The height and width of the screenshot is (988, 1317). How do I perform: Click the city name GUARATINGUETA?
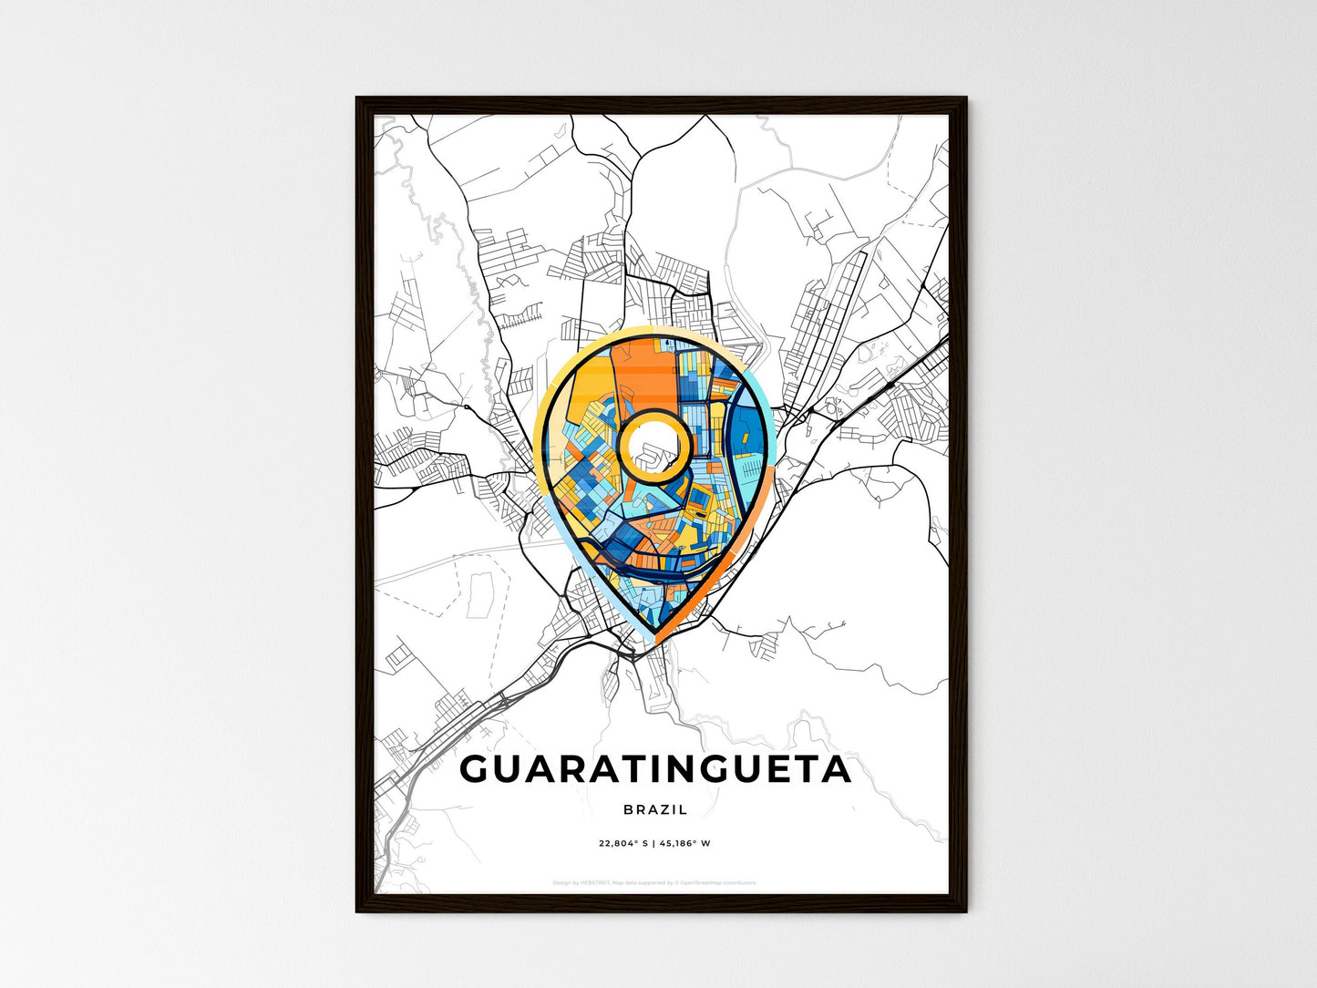point(655,770)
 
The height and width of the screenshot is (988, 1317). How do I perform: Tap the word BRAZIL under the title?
point(655,809)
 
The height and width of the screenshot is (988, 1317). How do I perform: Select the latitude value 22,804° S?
point(623,843)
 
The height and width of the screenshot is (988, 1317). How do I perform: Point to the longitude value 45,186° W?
point(685,843)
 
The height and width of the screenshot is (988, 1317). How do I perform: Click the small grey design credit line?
point(654,882)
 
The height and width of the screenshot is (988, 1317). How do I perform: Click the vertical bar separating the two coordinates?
point(654,843)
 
